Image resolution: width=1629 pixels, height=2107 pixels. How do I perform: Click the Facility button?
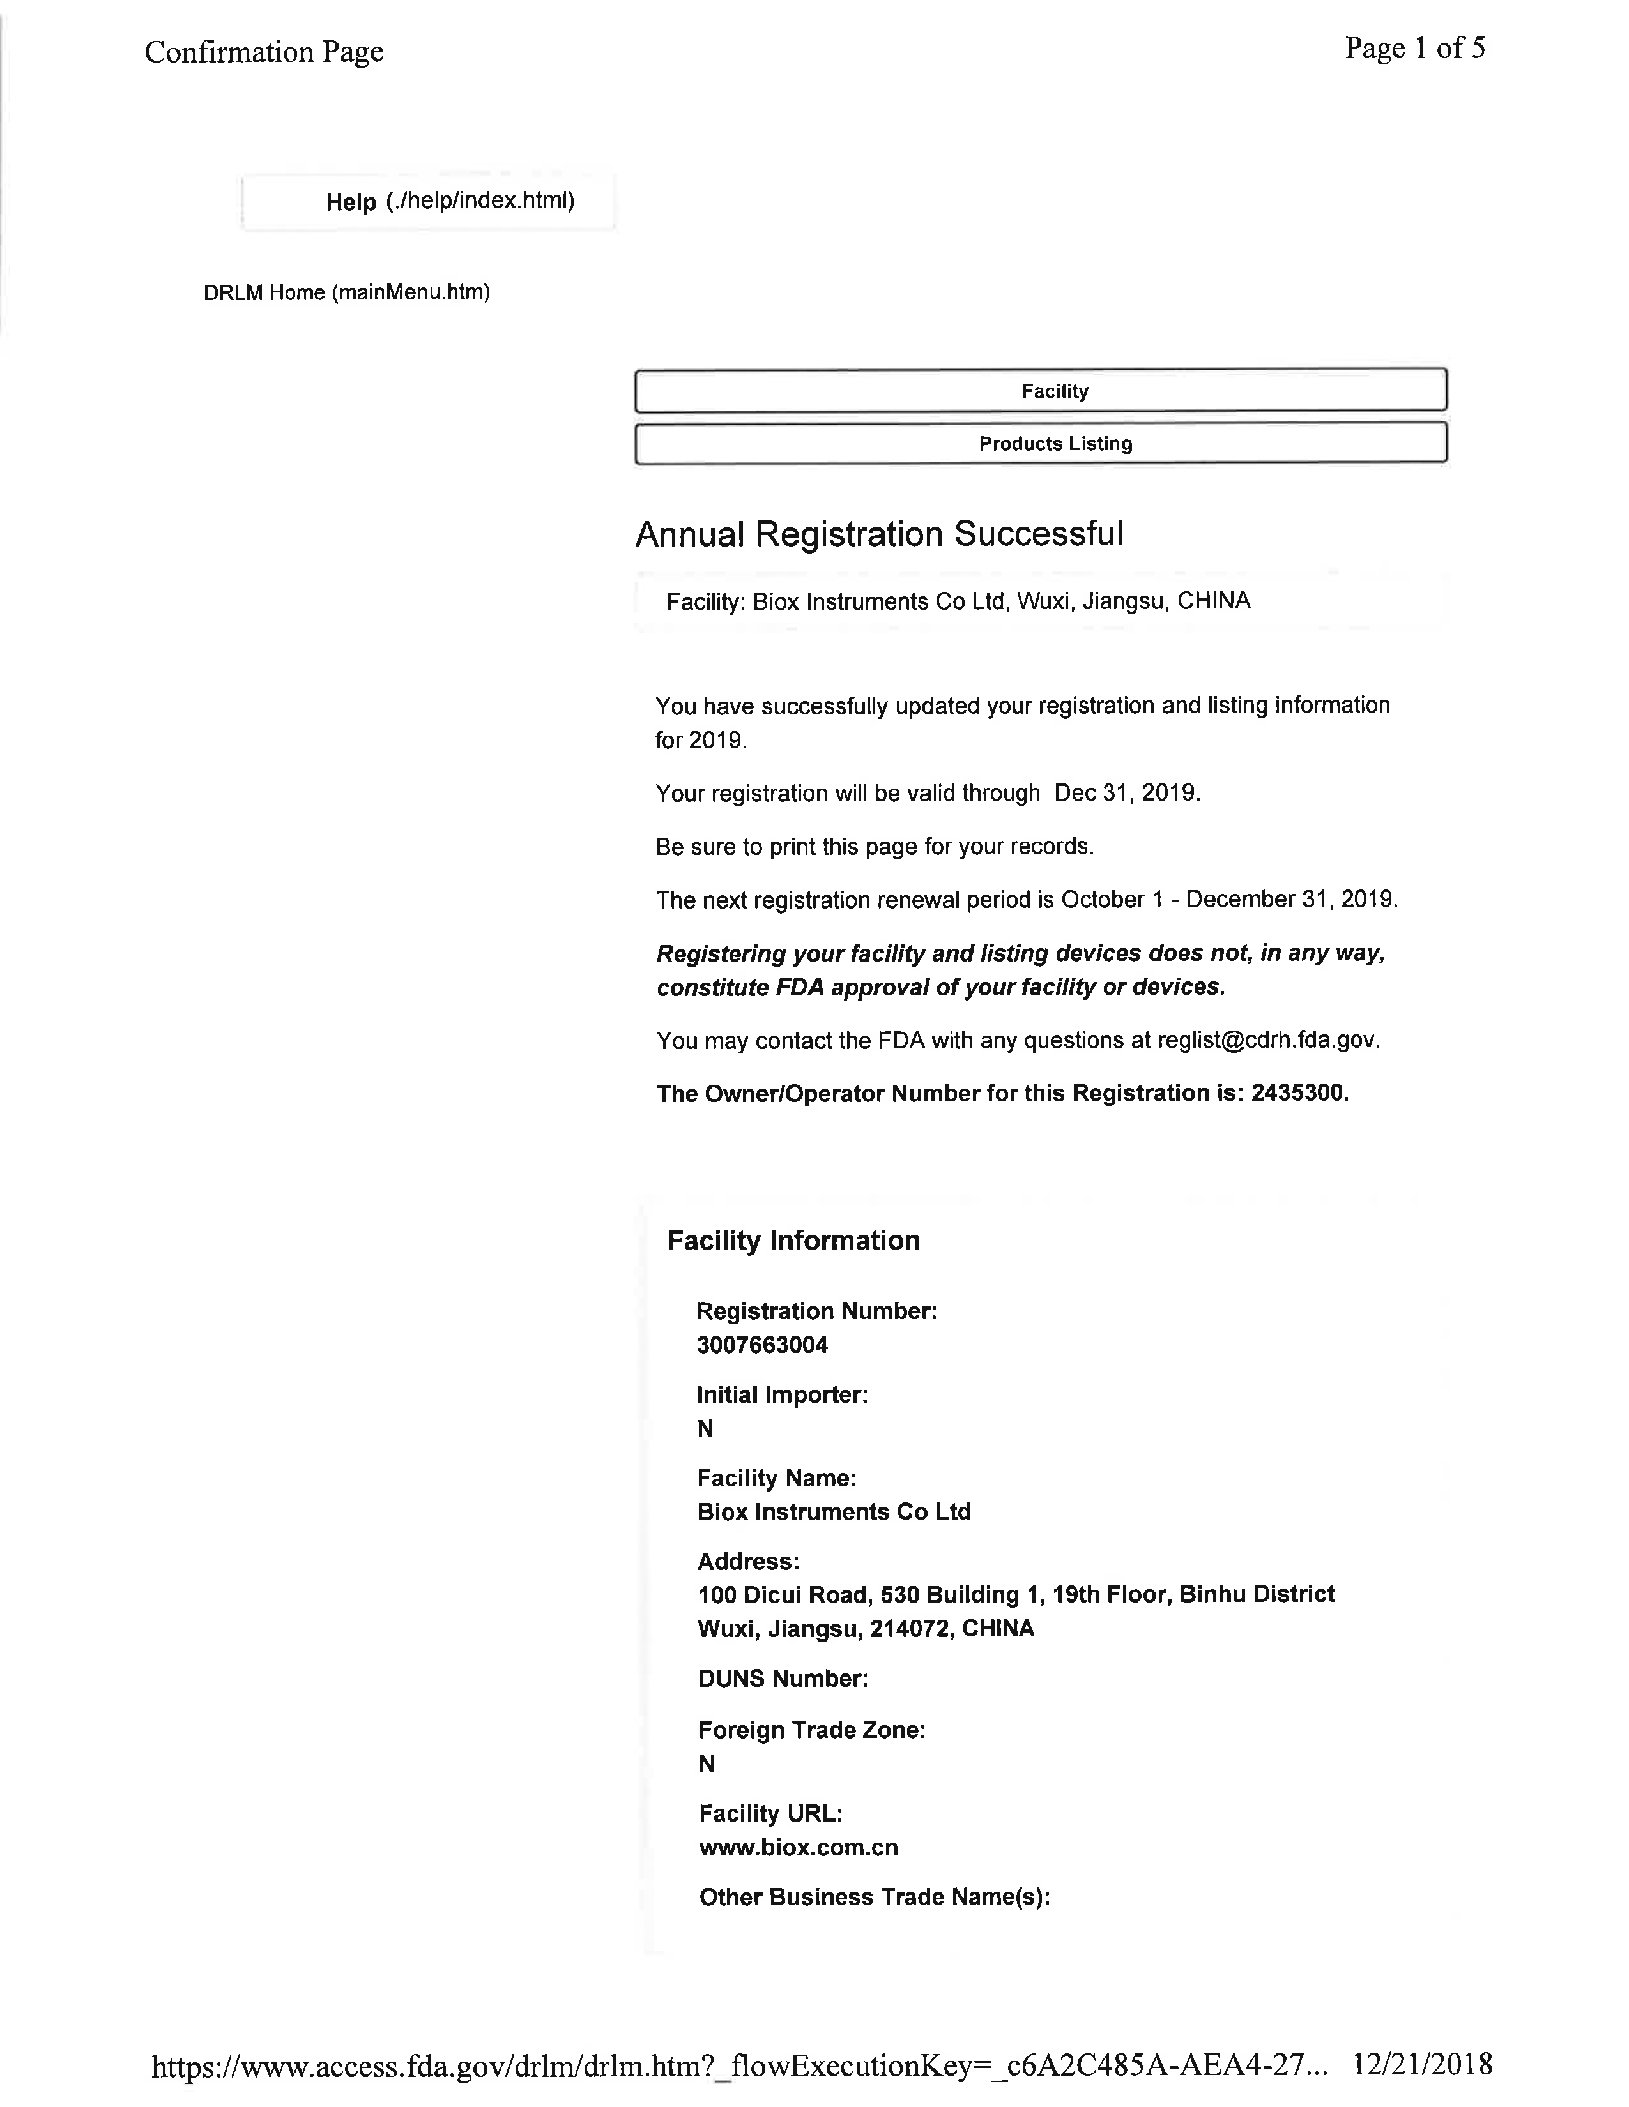(1054, 391)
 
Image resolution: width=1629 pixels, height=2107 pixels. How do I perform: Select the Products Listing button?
(1054, 444)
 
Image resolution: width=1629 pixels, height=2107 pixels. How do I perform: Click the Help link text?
(351, 202)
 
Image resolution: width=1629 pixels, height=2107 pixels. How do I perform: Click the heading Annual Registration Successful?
(878, 534)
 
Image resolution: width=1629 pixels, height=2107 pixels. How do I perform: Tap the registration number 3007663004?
(762, 1345)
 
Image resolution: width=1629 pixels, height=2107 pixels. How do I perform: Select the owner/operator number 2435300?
(1297, 1093)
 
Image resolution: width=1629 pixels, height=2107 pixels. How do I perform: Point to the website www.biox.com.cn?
(798, 1848)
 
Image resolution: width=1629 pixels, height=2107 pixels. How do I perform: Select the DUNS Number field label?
(783, 1679)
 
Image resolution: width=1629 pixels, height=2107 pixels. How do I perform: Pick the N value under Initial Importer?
(705, 1429)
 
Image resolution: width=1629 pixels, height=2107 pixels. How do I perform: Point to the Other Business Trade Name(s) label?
(875, 1898)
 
